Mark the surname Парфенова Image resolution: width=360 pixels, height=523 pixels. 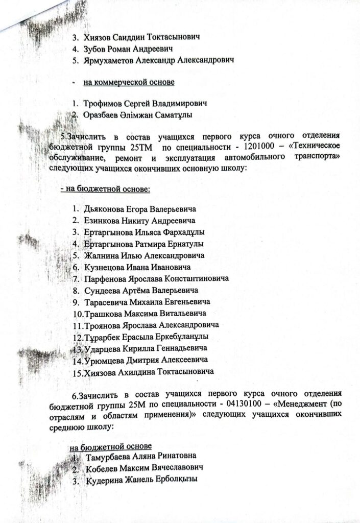(x=105, y=278)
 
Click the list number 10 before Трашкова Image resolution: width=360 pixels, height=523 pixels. (x=79, y=313)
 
